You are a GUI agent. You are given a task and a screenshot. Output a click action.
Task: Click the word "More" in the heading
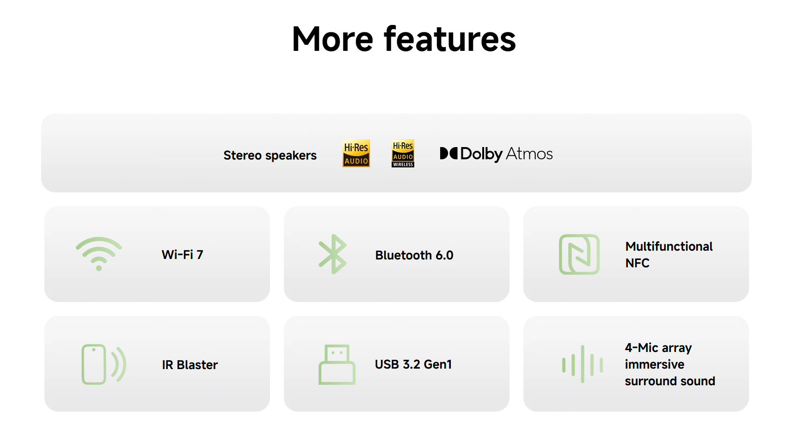point(332,39)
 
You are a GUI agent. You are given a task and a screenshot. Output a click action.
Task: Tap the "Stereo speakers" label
point(270,155)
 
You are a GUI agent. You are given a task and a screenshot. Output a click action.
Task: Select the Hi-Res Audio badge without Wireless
point(356,154)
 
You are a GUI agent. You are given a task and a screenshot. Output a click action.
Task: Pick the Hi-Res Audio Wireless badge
point(403,154)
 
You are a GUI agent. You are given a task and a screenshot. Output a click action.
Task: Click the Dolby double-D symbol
point(448,154)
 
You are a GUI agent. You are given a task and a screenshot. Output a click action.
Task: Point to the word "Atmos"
point(529,154)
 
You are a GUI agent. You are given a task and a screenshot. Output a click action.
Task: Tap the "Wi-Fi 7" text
point(182,254)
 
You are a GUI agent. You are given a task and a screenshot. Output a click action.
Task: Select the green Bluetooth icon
point(332,254)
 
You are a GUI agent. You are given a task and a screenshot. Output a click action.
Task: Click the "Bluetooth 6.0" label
point(414,255)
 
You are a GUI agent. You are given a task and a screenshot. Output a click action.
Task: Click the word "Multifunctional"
point(669,247)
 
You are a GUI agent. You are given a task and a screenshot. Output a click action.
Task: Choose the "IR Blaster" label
point(190,364)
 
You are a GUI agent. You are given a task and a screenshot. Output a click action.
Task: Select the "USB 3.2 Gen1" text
point(413,364)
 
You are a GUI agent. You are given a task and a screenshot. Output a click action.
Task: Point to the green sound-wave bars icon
point(583,364)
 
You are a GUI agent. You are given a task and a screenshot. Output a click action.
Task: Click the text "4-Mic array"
point(658,348)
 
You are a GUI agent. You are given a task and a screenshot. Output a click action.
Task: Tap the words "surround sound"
point(670,381)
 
